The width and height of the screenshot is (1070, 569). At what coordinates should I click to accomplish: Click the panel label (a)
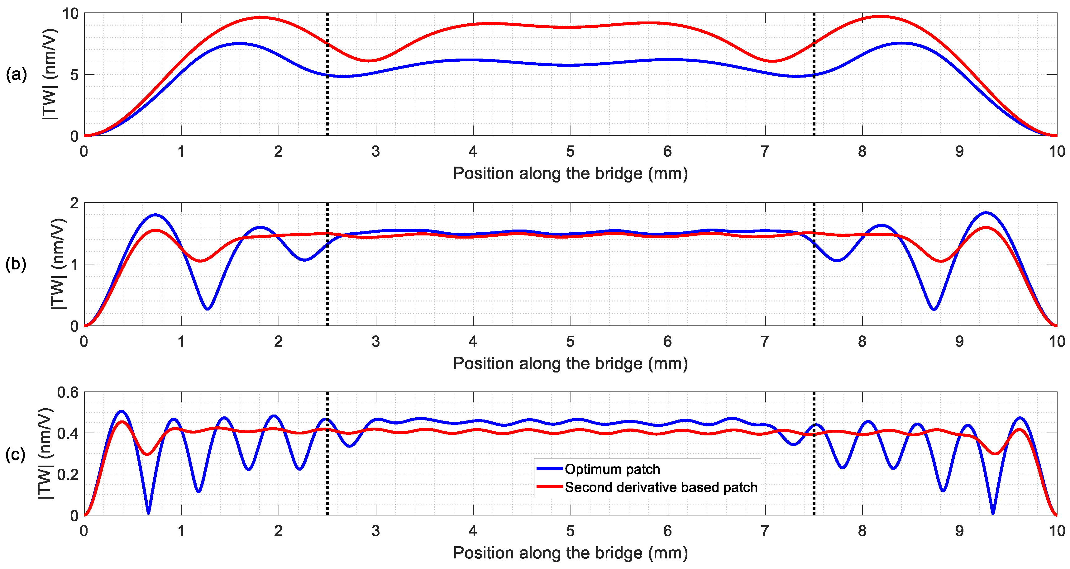pyautogui.click(x=16, y=75)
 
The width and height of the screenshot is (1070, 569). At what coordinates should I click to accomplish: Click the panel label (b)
pyautogui.click(x=16, y=264)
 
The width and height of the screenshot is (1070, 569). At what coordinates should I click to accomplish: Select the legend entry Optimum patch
pyautogui.click(x=612, y=469)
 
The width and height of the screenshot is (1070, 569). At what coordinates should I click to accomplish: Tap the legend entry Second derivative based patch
pyautogui.click(x=661, y=487)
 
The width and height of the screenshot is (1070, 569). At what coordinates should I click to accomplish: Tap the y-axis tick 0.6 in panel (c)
pyautogui.click(x=68, y=393)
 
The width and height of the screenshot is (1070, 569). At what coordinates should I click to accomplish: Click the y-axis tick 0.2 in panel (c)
pyautogui.click(x=68, y=475)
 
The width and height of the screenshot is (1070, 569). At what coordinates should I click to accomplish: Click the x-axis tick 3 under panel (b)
pyautogui.click(x=375, y=342)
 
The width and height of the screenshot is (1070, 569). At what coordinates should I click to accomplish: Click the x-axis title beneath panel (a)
pyautogui.click(x=570, y=173)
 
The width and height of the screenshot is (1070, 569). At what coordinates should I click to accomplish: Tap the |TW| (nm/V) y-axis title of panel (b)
pyautogui.click(x=58, y=264)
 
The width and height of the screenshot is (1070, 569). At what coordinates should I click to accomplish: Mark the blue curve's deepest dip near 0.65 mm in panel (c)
pyautogui.click(x=148, y=513)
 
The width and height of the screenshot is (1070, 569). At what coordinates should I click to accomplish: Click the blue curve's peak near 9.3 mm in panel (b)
pyautogui.click(x=986, y=213)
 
